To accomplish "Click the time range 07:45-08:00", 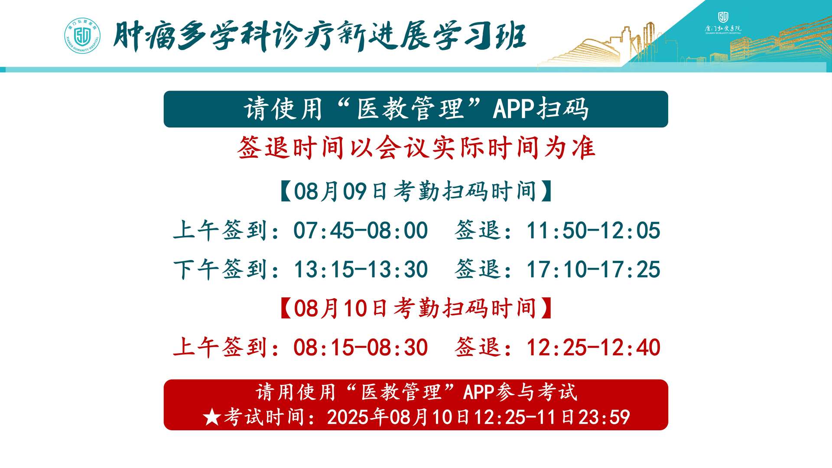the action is (x=361, y=230).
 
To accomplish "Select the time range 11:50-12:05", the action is (x=593, y=230).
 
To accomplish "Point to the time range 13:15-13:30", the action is (x=361, y=269).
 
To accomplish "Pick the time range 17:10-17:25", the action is (x=593, y=269).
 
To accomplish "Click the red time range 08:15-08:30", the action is (x=361, y=347).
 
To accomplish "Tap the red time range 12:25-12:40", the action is (x=593, y=347).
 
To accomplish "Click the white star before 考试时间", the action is (x=212, y=417).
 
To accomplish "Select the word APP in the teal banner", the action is (x=513, y=108).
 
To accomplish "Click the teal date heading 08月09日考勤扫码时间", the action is (x=416, y=191).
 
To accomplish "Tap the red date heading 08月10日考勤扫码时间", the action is (x=416, y=308).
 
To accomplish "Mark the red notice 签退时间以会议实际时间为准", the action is (x=416, y=148).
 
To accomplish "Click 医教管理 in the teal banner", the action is (x=410, y=108).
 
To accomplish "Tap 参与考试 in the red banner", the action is (x=537, y=392).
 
